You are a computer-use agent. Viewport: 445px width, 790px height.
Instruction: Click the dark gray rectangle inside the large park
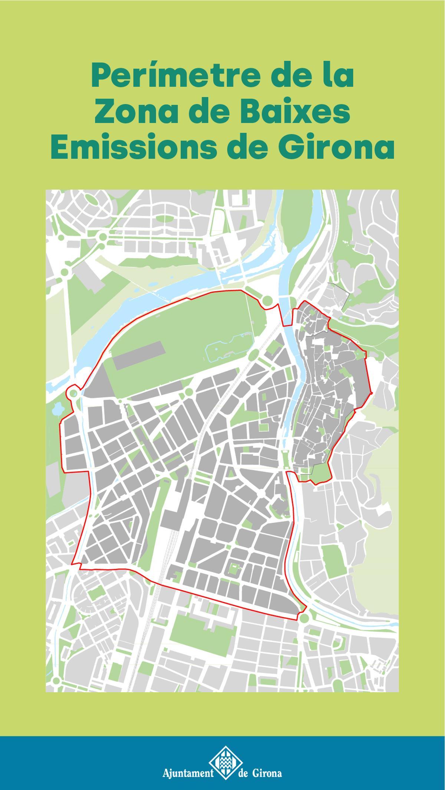point(138,356)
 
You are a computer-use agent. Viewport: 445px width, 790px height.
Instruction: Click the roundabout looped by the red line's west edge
point(73,393)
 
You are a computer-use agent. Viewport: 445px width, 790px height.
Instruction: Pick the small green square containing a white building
point(235,569)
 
